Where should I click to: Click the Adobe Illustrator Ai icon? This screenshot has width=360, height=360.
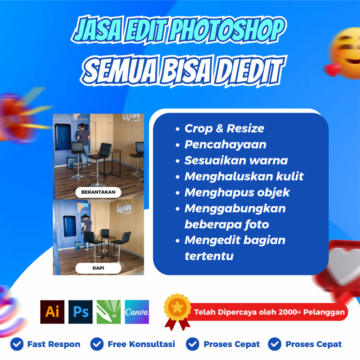click(52, 312)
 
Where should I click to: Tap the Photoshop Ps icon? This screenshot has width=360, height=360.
click(81, 312)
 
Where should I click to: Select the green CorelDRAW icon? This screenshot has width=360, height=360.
click(109, 312)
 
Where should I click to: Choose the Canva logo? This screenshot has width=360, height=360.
click(137, 312)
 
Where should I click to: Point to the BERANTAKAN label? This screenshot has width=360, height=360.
click(98, 192)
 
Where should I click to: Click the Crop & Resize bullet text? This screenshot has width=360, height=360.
click(224, 129)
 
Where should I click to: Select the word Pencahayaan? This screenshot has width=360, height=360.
click(225, 144)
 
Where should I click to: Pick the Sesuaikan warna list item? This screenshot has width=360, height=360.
click(236, 161)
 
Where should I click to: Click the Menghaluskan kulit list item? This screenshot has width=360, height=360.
click(244, 176)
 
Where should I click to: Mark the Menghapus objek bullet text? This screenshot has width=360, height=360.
click(237, 192)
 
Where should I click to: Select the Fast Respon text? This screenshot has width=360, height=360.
click(53, 344)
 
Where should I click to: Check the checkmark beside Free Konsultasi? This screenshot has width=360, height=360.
click(97, 344)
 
